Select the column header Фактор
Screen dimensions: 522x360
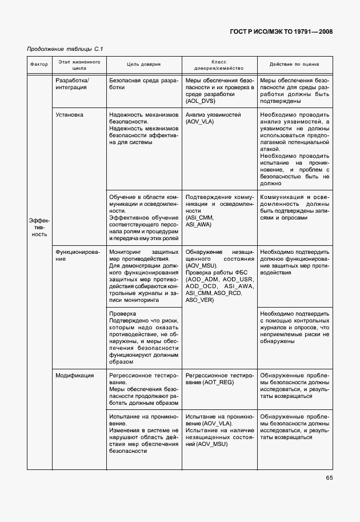click(39, 65)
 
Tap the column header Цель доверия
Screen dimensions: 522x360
click(143, 65)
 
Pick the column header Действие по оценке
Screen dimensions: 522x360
click(294, 65)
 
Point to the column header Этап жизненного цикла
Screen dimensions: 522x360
click(78, 64)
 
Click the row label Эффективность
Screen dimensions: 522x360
click(39, 226)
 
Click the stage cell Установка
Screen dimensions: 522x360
click(69, 115)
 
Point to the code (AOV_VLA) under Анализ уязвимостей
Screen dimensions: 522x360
click(200, 122)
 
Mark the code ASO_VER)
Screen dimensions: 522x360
click(200, 300)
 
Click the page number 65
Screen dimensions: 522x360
click(329, 478)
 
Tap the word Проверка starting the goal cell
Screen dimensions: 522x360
click(122, 313)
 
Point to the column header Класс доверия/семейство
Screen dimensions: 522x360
click(219, 64)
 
